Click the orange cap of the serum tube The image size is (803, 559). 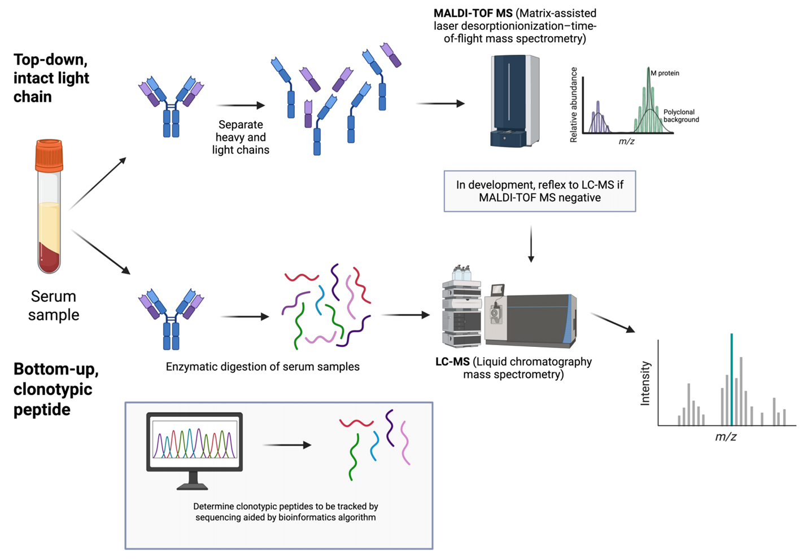(x=49, y=155)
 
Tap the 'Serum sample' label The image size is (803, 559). (x=54, y=305)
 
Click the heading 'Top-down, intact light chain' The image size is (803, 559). (x=51, y=78)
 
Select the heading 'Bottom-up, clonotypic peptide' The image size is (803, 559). (x=55, y=389)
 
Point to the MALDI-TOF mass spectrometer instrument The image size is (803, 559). (x=514, y=101)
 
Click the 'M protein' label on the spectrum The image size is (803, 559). (x=665, y=73)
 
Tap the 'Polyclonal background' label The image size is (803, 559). (x=680, y=116)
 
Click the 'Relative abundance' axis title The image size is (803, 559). (x=574, y=104)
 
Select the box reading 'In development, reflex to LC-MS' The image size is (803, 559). (x=539, y=191)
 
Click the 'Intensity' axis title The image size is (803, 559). (x=645, y=384)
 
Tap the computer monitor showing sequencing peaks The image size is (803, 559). (x=194, y=443)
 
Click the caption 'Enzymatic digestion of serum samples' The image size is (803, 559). (x=263, y=367)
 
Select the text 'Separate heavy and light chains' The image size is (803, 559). (x=241, y=137)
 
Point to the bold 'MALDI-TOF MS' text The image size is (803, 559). (x=473, y=13)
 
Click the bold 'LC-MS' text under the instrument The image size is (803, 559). (x=452, y=362)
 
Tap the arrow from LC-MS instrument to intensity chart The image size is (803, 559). (x=613, y=323)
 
